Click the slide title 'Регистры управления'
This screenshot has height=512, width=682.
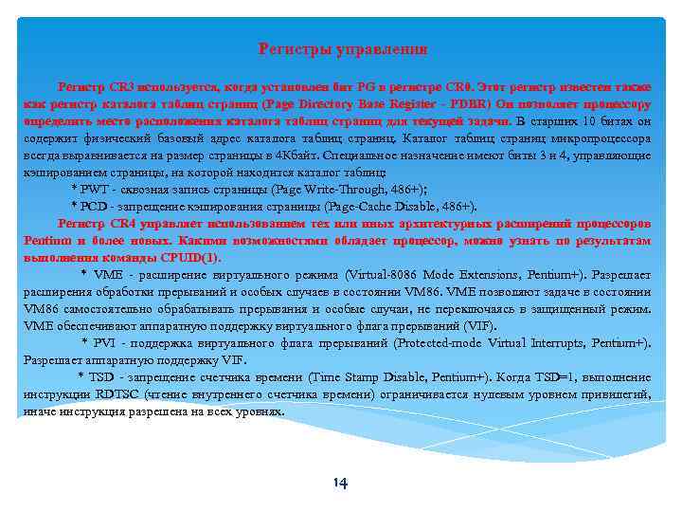[x=343, y=47]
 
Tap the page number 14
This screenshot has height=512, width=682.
[x=340, y=484]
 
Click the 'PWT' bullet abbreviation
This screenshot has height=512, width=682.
[x=95, y=189]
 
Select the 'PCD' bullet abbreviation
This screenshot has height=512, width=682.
[x=95, y=206]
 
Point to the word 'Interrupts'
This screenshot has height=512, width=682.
[x=523, y=343]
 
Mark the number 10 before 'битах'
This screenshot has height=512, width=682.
[x=588, y=121]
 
